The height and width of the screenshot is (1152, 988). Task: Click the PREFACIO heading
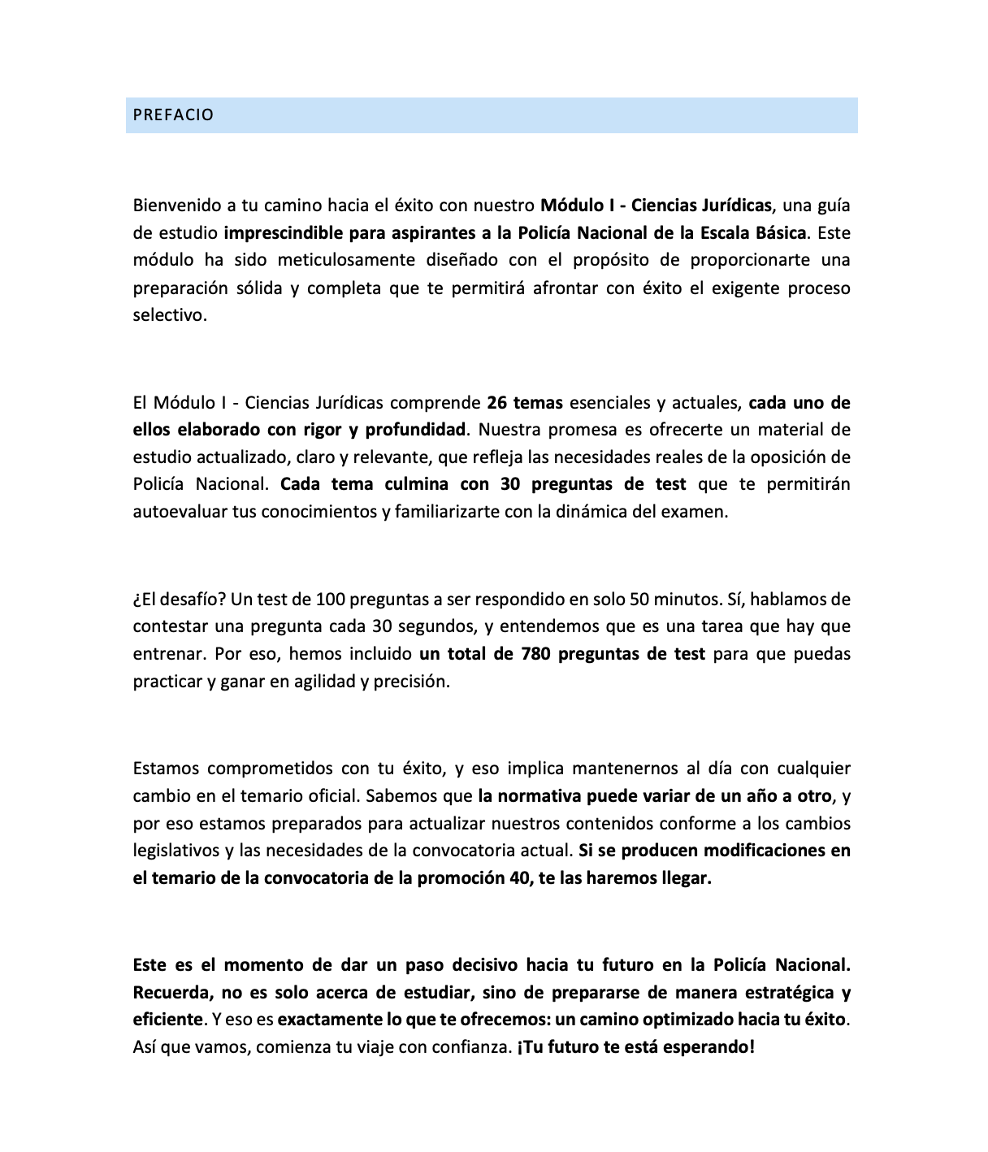173,115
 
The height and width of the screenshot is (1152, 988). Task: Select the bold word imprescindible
281,232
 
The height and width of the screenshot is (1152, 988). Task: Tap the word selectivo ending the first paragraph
170,315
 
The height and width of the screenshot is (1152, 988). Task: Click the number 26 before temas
497,402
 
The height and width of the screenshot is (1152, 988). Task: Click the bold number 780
536,654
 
